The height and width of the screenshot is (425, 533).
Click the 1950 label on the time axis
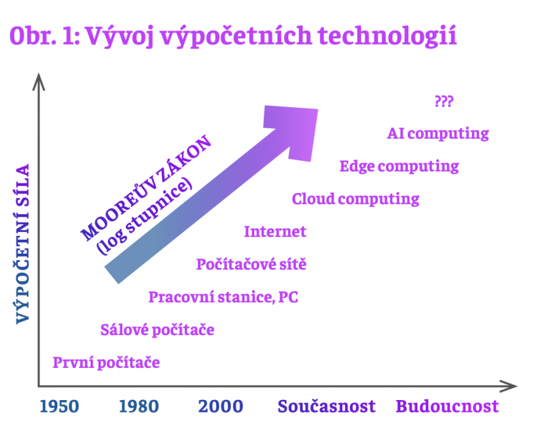point(59,407)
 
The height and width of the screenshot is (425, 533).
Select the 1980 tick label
point(139,407)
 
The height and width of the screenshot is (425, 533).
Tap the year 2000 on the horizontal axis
point(220,407)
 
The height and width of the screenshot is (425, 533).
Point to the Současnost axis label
point(326,407)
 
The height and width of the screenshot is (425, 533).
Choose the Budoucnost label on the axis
point(447,407)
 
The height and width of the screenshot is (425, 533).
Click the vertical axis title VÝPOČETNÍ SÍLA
point(23,244)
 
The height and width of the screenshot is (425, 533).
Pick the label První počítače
point(106,363)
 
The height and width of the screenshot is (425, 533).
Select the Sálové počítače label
point(157,330)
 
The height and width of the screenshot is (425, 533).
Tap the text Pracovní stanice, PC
point(223,297)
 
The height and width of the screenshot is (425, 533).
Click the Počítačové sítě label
point(251,264)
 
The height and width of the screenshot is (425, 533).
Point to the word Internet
point(275,231)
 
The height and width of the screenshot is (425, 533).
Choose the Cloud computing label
point(355,199)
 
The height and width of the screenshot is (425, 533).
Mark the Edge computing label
point(399,166)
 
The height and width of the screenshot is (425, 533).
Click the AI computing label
point(438,134)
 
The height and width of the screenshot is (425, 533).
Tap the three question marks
point(444,101)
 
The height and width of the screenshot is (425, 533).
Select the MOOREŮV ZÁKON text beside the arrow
point(145,188)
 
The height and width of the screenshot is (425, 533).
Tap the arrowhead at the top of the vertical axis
point(39,81)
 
